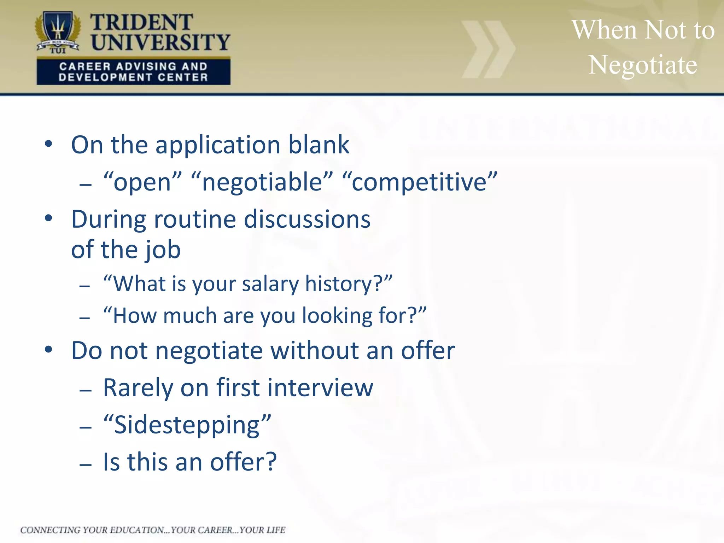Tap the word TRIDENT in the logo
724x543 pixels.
[x=141, y=23]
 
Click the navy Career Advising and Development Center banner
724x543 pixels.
[x=133, y=72]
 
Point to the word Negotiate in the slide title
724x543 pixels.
[x=642, y=65]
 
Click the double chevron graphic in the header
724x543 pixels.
[x=488, y=49]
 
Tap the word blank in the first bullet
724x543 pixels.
[x=319, y=145]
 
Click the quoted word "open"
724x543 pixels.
[x=142, y=183]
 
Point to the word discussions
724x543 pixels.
[x=307, y=220]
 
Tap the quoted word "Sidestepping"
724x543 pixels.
[x=187, y=425]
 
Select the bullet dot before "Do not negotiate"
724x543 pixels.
[x=48, y=350]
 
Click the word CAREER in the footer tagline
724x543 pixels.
[x=215, y=530]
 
